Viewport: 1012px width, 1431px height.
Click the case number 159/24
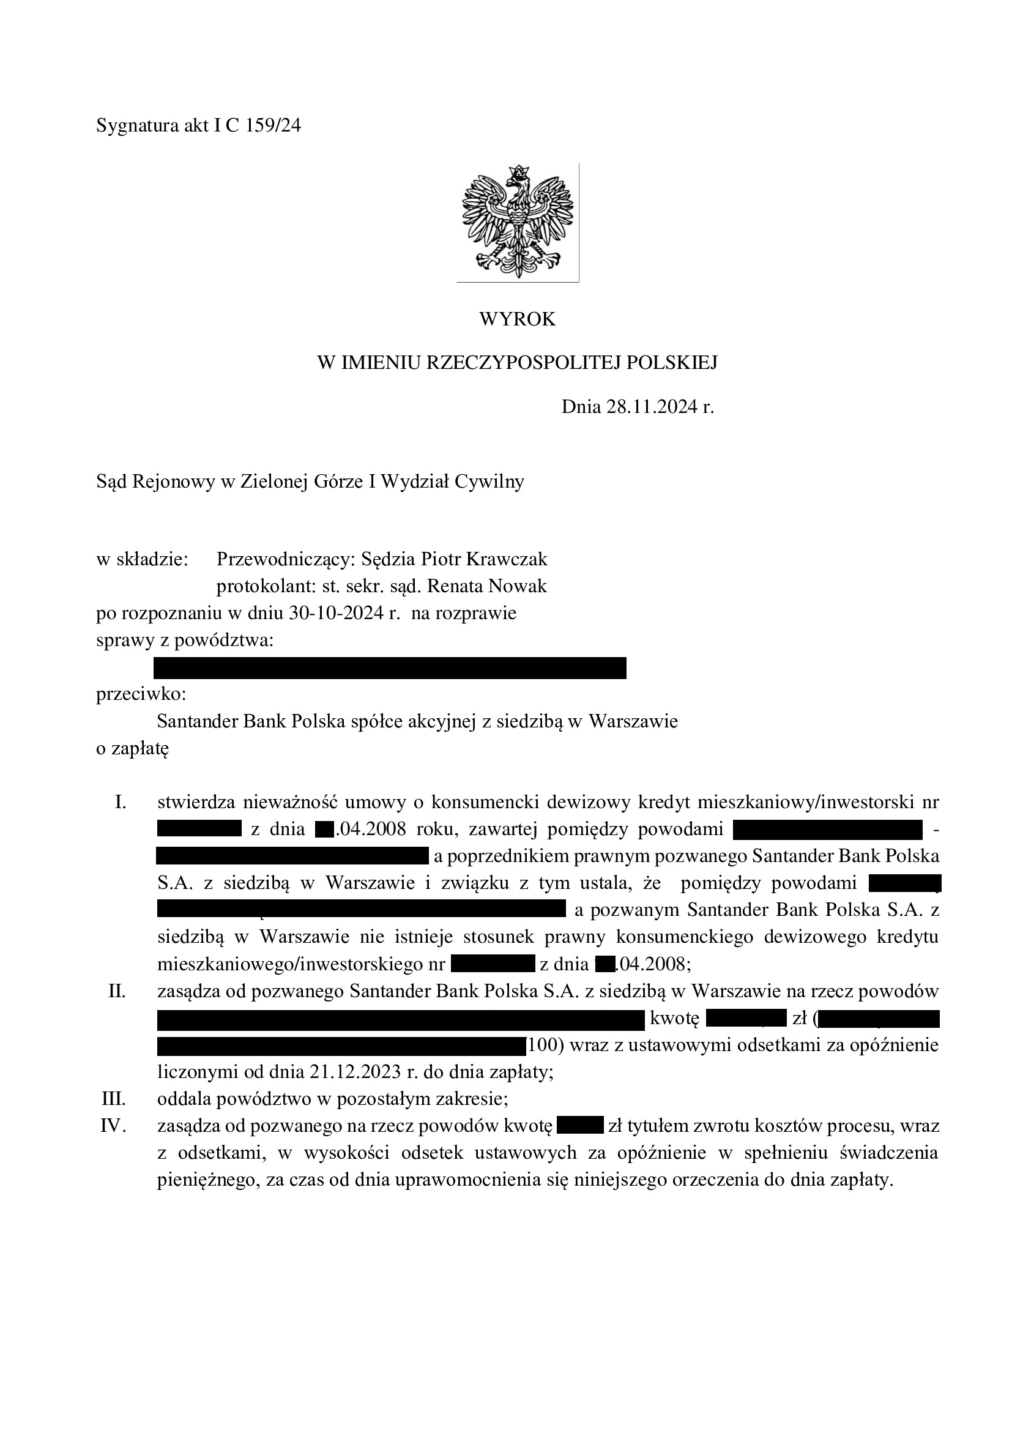point(273,126)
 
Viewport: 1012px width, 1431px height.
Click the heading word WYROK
point(517,319)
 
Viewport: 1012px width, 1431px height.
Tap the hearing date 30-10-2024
point(337,613)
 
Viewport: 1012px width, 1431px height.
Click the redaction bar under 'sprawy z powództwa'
point(390,667)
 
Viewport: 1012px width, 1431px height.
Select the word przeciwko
point(141,694)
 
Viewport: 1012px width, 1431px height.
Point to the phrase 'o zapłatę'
point(133,748)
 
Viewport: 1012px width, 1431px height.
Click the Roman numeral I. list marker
point(121,802)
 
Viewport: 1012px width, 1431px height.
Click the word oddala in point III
point(184,1099)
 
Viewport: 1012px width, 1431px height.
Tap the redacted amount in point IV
point(580,1126)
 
